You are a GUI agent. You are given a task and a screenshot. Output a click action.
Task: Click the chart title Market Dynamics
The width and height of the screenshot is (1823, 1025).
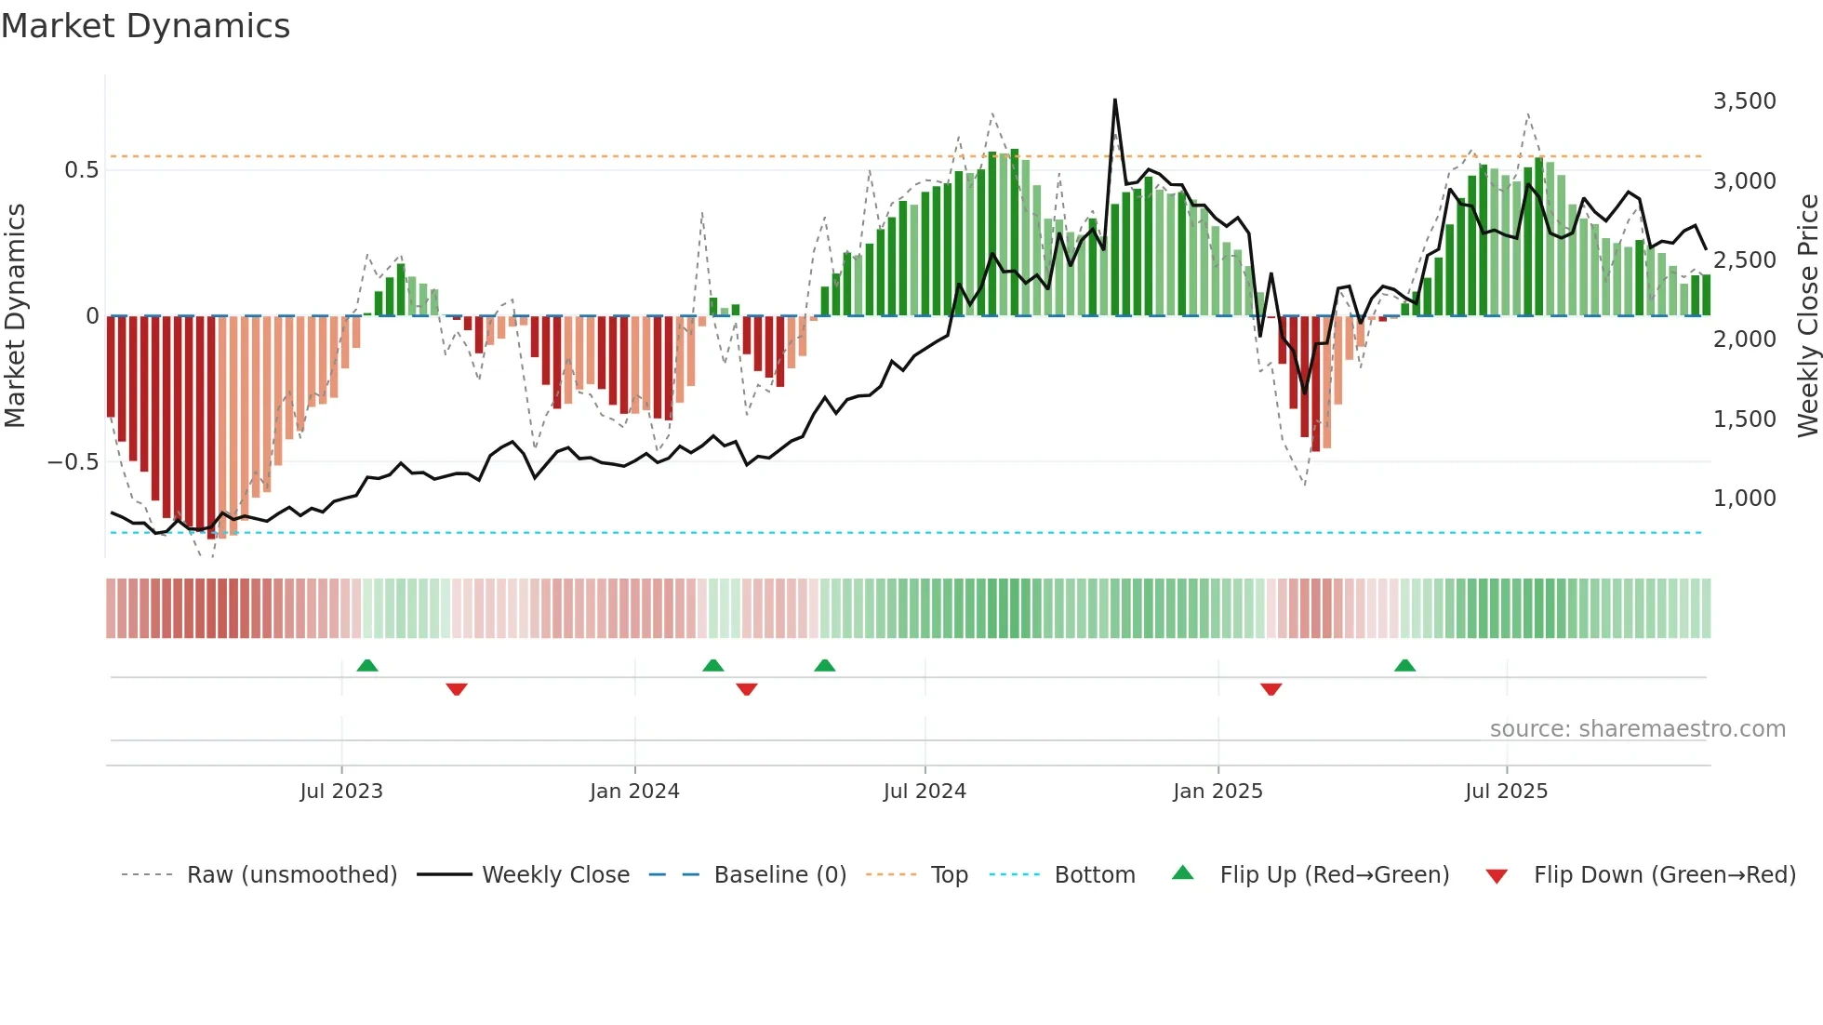tap(145, 26)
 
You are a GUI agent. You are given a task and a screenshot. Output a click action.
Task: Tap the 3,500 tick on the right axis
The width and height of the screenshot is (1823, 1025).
tap(1744, 100)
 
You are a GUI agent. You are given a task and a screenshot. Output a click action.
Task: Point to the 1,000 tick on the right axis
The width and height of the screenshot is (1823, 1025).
tap(1744, 498)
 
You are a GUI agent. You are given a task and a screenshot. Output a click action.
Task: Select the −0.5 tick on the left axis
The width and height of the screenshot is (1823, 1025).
tap(73, 461)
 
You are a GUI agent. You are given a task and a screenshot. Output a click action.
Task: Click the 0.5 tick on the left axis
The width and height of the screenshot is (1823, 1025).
tap(81, 169)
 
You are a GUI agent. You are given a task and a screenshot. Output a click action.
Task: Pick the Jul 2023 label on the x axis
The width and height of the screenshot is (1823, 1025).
tap(341, 791)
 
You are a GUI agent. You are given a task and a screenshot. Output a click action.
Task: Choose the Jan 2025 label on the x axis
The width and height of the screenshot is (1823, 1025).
tap(1218, 791)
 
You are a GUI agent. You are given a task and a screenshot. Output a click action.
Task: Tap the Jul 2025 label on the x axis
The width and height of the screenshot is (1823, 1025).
tap(1506, 791)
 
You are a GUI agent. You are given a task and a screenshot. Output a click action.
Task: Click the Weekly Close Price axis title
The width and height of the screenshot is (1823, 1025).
tap(1807, 315)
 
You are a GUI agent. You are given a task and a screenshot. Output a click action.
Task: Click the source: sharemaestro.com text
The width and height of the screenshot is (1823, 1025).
tap(1637, 728)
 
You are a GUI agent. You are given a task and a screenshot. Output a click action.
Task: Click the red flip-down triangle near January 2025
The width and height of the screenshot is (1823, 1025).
tap(1271, 689)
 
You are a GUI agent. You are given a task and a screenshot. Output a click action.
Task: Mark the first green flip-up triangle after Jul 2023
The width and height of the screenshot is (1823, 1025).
tap(367, 665)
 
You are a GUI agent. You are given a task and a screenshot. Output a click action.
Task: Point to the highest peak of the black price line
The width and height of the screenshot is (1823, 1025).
tap(1114, 100)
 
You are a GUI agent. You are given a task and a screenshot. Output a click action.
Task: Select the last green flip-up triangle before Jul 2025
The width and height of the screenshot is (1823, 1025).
tap(1404, 665)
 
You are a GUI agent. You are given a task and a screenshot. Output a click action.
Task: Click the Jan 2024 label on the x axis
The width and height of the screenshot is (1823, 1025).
tap(634, 791)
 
